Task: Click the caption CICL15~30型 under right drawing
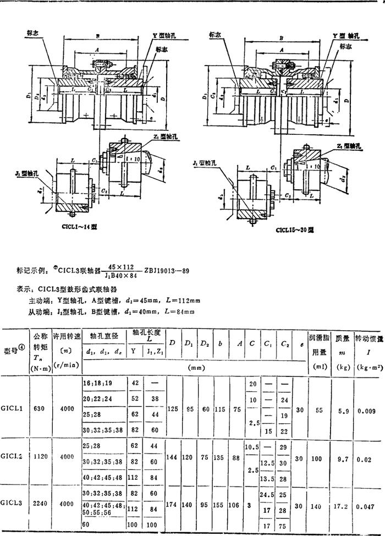click(x=295, y=230)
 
